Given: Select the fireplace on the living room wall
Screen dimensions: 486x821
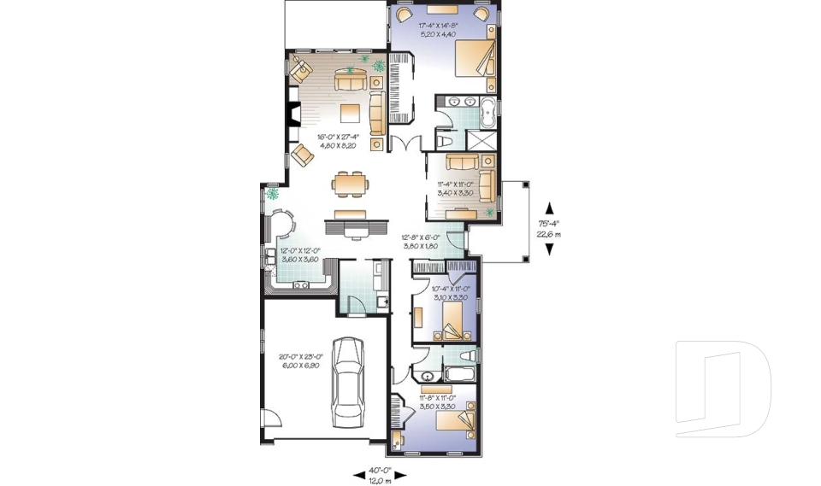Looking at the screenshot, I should click(x=293, y=114).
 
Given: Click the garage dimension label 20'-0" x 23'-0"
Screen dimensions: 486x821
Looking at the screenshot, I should click(x=298, y=360).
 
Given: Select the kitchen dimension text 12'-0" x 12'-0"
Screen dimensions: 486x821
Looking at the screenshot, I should click(x=299, y=255).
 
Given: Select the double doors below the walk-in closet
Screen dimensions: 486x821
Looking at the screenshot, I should click(x=405, y=143).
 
